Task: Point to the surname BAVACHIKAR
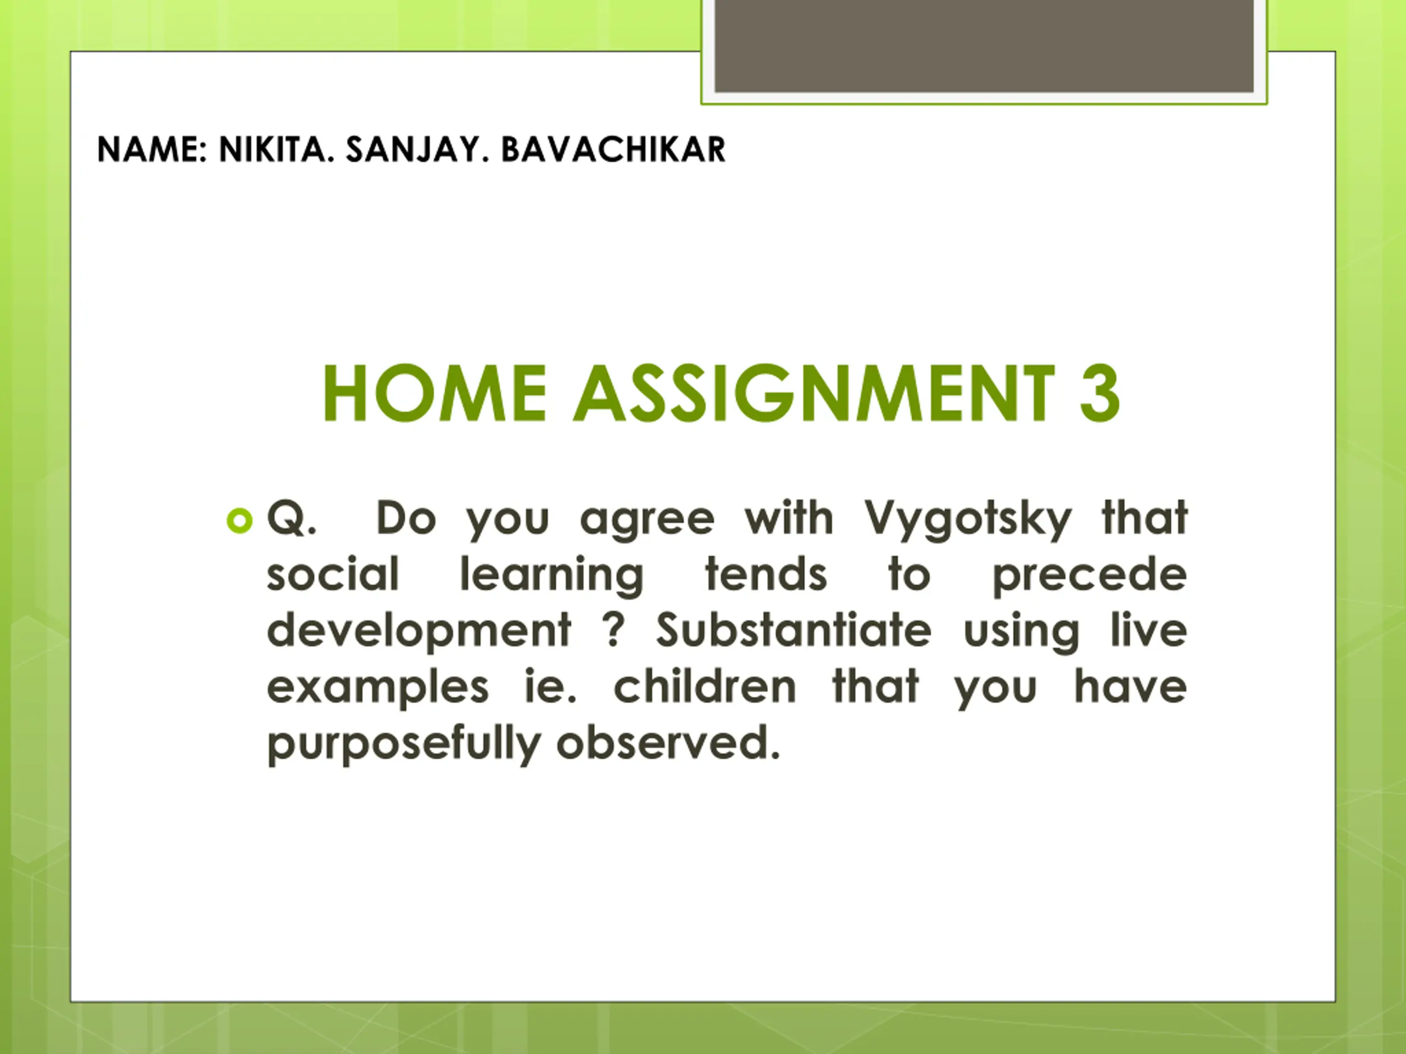pos(613,150)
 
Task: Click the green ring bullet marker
pos(239,522)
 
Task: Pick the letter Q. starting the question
pos(291,518)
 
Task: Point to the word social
pos(333,574)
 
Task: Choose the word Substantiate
pos(794,630)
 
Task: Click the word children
pos(704,686)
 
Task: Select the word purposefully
pos(404,744)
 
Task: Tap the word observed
pos(668,742)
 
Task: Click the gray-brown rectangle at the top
pos(984,46)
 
